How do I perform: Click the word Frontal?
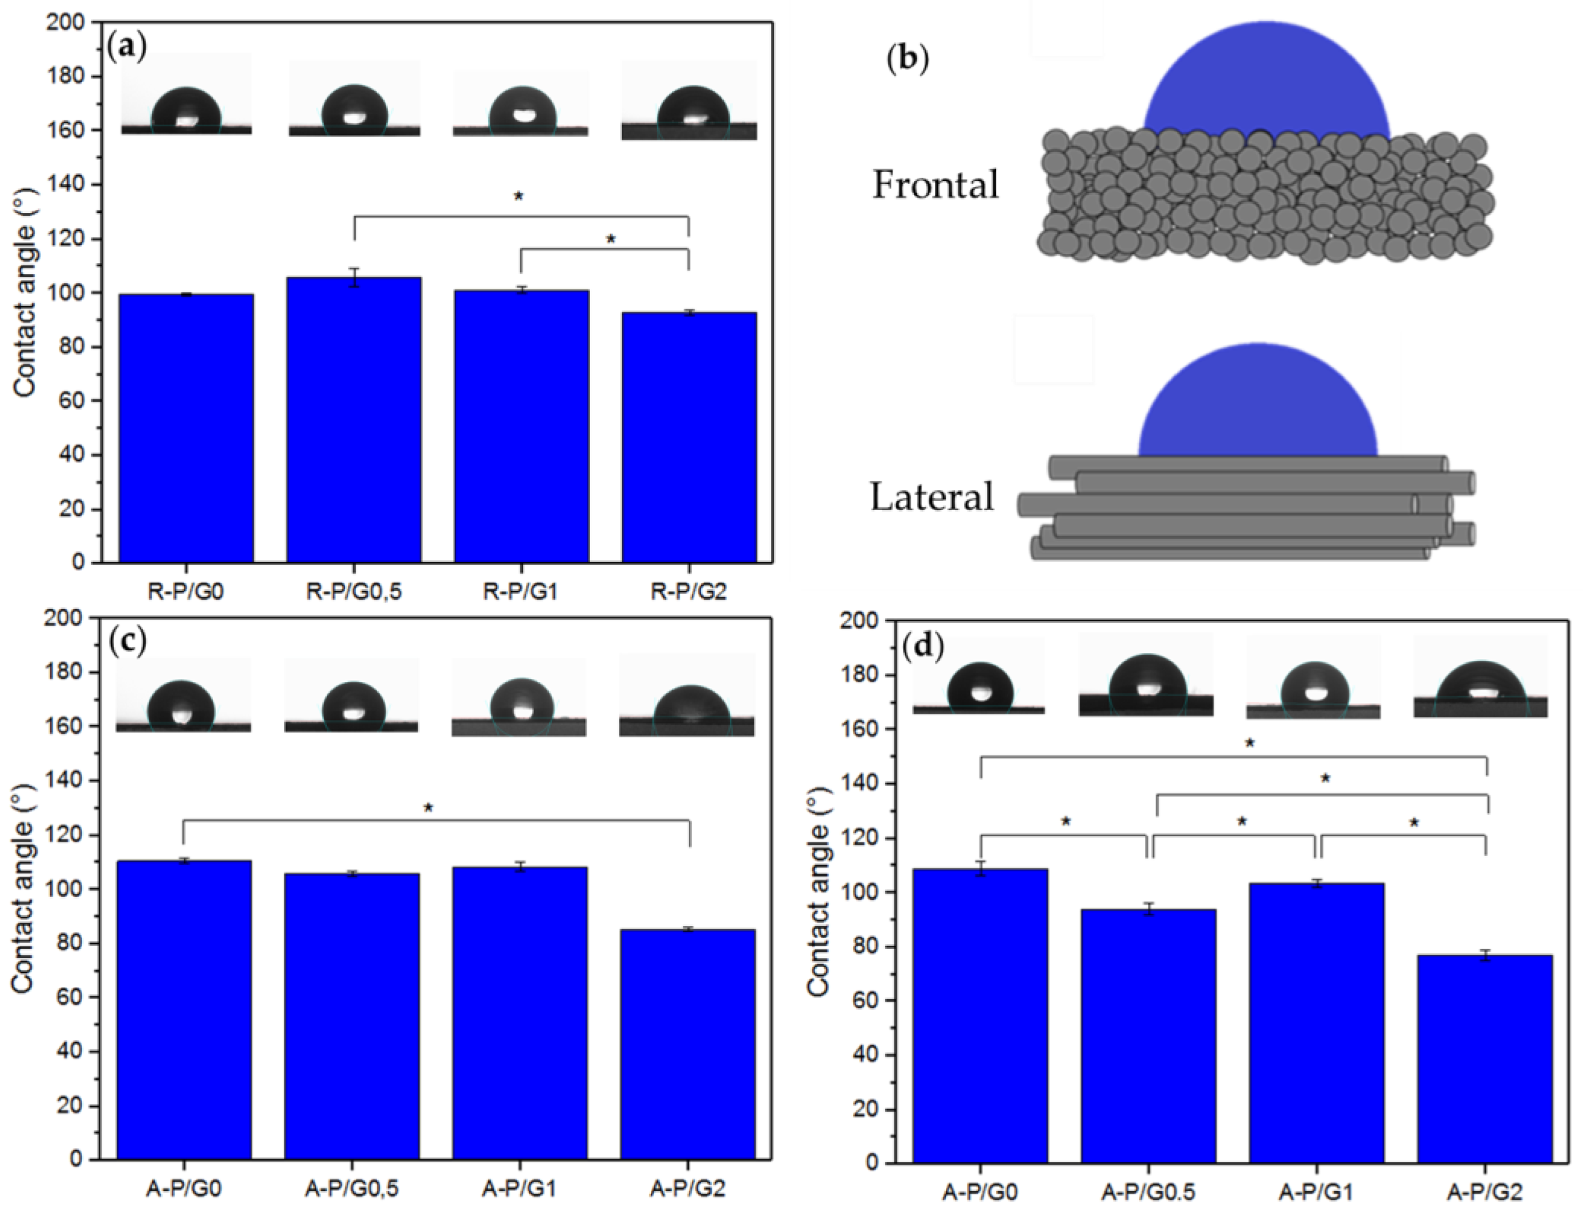tap(936, 185)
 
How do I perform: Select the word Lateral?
tap(932, 497)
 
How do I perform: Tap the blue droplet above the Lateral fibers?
tap(1258, 404)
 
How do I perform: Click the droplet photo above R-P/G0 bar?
tap(186, 94)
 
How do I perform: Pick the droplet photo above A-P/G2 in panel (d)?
tap(1480, 676)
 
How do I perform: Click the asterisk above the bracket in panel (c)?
tap(428, 808)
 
